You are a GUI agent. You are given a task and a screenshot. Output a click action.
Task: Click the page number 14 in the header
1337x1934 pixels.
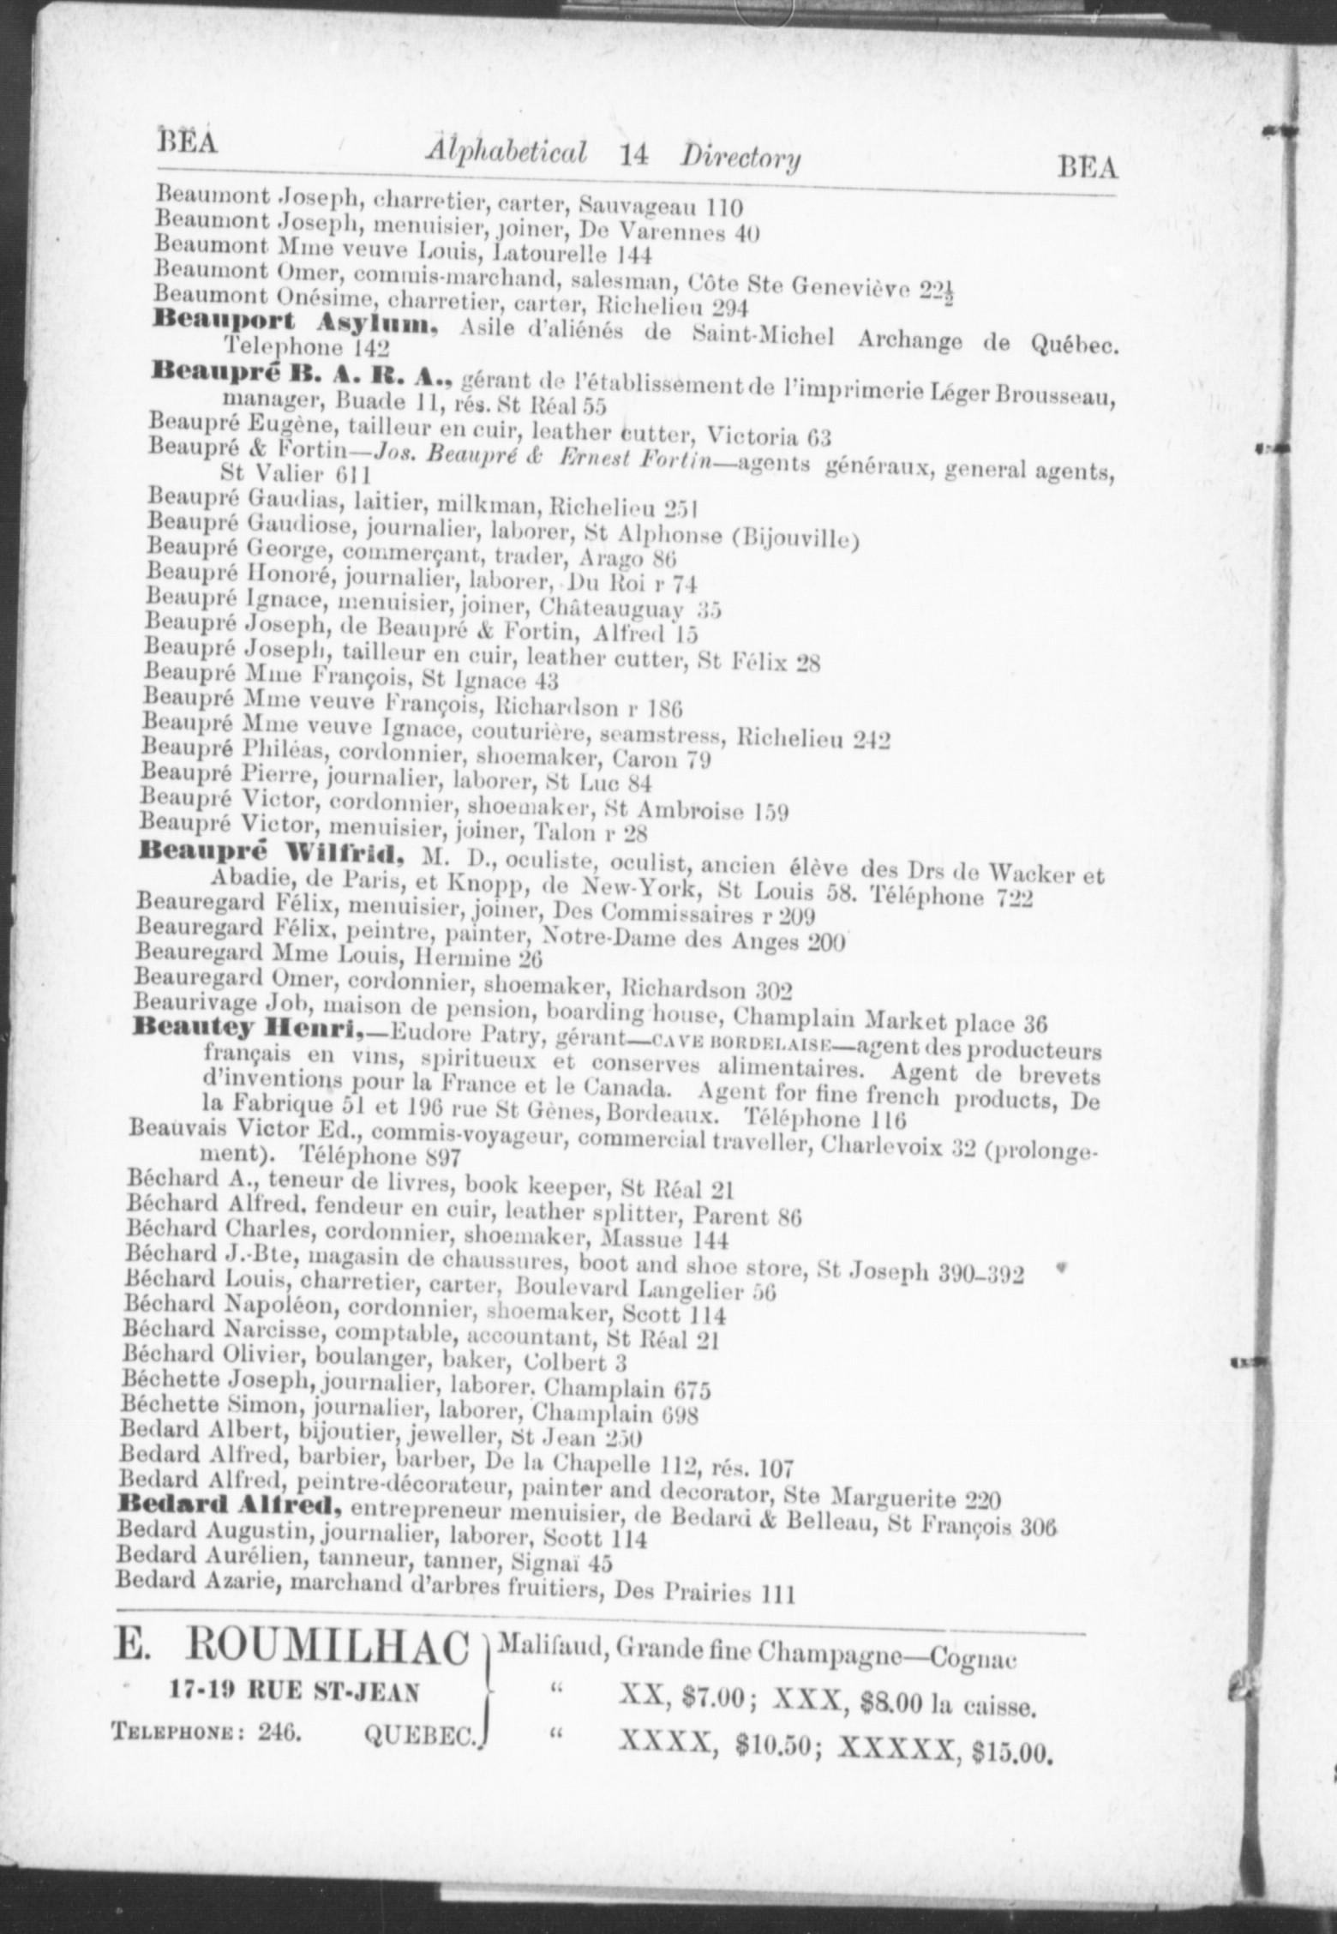[x=635, y=155]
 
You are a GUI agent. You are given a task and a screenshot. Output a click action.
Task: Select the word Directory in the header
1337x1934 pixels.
[x=741, y=159]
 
